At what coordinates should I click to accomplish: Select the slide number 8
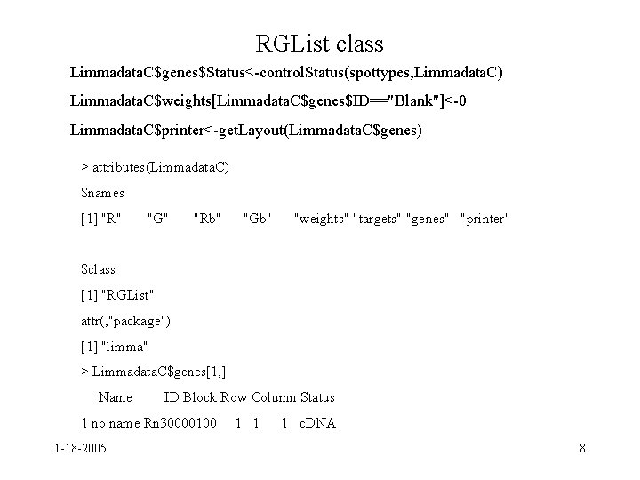(x=582, y=448)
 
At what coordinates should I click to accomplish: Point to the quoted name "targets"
(x=377, y=218)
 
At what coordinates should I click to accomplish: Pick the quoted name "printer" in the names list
(x=484, y=218)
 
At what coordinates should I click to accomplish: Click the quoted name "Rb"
(x=207, y=218)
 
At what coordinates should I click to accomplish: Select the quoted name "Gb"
(x=257, y=218)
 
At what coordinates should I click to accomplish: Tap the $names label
(x=102, y=192)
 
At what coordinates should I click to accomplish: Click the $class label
(x=99, y=268)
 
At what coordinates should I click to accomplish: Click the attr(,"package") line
(x=125, y=320)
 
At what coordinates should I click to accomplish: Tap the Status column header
(x=317, y=397)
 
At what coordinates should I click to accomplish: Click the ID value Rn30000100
(x=180, y=423)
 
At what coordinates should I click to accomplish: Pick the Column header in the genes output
(x=274, y=397)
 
